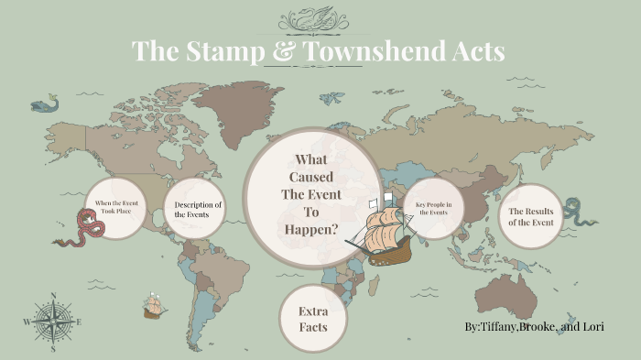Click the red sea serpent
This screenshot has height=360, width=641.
(75, 230)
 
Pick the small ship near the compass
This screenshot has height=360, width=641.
(154, 306)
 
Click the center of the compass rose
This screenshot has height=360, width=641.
(53, 321)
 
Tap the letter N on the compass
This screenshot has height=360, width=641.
(53, 295)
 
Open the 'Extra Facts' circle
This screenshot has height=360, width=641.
(312, 319)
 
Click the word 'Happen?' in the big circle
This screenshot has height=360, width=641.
(313, 227)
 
